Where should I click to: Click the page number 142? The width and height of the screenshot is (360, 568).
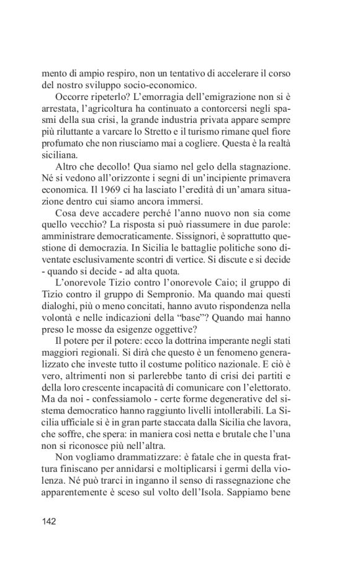(x=48, y=521)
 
